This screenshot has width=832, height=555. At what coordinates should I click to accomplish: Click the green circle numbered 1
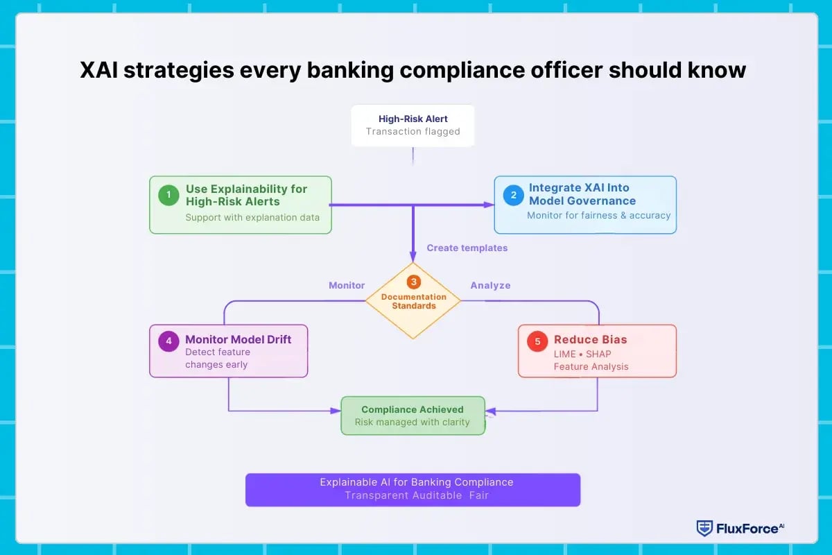coord(168,195)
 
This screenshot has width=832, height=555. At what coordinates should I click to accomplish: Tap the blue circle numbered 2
coord(513,195)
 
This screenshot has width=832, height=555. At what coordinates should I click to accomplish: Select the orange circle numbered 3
coord(413,282)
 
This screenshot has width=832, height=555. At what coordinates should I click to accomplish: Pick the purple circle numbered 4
coord(168,341)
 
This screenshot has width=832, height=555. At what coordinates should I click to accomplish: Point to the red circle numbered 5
coord(537,341)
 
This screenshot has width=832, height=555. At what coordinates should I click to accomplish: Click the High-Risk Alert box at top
coord(413,126)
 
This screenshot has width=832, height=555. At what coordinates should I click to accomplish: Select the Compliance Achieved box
coord(413,416)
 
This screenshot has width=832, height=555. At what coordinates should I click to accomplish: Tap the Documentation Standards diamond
coord(413,301)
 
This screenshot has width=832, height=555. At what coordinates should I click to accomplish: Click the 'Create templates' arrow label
coord(467,248)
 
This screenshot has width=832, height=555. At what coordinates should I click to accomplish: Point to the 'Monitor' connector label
coord(346,285)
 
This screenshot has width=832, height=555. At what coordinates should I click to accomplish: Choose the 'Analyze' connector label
coord(490,285)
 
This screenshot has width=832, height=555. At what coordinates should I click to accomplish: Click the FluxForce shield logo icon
coord(704,529)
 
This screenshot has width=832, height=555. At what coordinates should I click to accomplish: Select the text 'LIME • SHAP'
coord(582,354)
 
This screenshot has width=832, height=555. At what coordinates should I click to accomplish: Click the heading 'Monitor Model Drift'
coord(238,339)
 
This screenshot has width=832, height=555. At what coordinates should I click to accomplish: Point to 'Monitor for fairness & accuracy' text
coord(598,215)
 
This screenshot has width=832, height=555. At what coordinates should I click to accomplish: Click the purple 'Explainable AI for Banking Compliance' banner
coord(413,489)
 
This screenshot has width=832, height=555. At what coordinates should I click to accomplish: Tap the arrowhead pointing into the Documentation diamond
coord(413,257)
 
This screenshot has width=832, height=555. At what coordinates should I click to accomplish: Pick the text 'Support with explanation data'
coord(252,217)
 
